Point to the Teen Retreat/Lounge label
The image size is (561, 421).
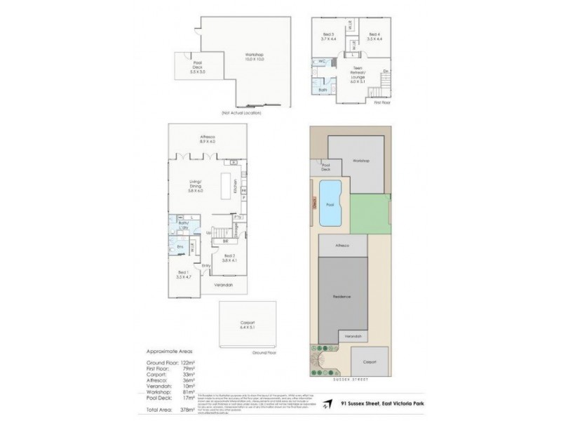click(x=360, y=72)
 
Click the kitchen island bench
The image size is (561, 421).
click(x=229, y=185)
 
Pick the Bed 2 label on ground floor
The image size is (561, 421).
click(x=229, y=258)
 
